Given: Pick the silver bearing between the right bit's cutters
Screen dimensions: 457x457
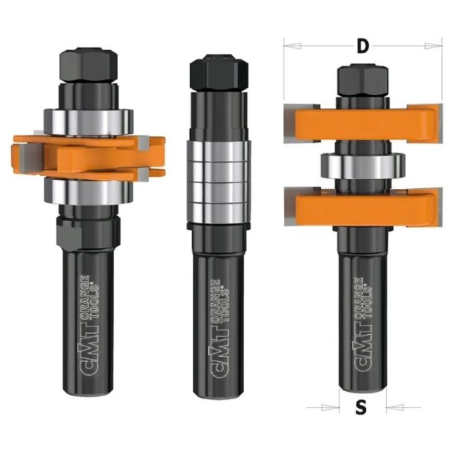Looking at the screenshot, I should (x=360, y=166).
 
